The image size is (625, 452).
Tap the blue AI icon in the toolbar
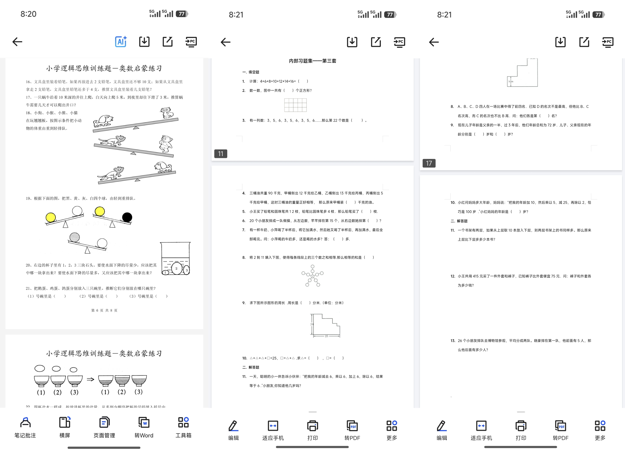tap(121, 42)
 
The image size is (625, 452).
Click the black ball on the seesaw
tap(127, 217)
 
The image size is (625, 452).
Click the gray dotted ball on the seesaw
tap(74, 237)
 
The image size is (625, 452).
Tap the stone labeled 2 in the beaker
tap(176, 268)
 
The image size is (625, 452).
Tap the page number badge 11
tap(220, 154)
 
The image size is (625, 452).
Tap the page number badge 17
tap(429, 163)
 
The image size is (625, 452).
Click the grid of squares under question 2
tap(295, 105)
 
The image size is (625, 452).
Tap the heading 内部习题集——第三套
tap(312, 61)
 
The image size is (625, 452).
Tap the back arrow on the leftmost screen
tap(17, 42)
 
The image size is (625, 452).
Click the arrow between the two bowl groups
tap(90, 380)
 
